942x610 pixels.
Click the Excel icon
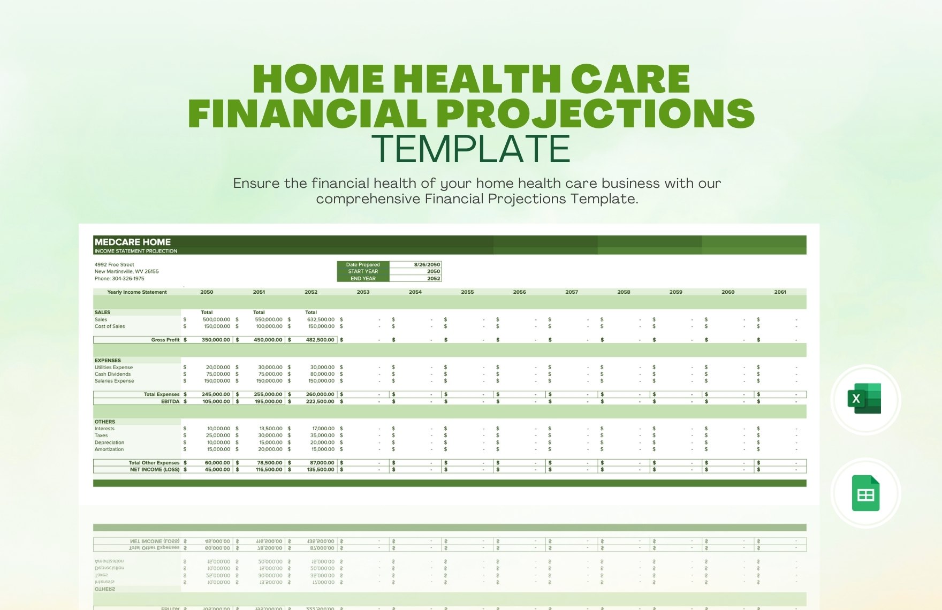(865, 399)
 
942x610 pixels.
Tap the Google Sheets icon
(865, 493)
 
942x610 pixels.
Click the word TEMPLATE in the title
(470, 148)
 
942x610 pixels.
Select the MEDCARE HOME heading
(133, 242)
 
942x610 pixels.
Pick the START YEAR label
(363, 271)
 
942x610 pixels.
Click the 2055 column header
(467, 292)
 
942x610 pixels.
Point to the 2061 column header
(780, 292)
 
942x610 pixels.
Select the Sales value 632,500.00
(321, 319)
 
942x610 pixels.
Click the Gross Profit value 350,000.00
(216, 340)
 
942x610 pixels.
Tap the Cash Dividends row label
(112, 374)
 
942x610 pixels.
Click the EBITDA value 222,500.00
(321, 401)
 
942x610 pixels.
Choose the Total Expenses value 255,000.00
(268, 394)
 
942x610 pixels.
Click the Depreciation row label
(109, 443)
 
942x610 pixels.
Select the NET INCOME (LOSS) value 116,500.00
(268, 470)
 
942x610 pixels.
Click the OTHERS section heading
(105, 422)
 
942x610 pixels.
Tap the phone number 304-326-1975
(128, 278)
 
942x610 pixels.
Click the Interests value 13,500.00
(270, 429)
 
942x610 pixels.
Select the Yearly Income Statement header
(137, 292)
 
